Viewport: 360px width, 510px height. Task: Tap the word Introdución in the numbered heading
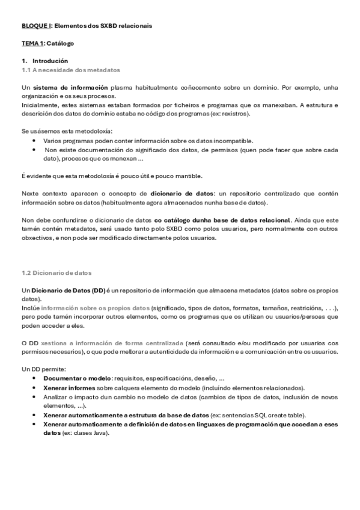50,61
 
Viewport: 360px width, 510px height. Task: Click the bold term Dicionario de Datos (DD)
68,290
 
